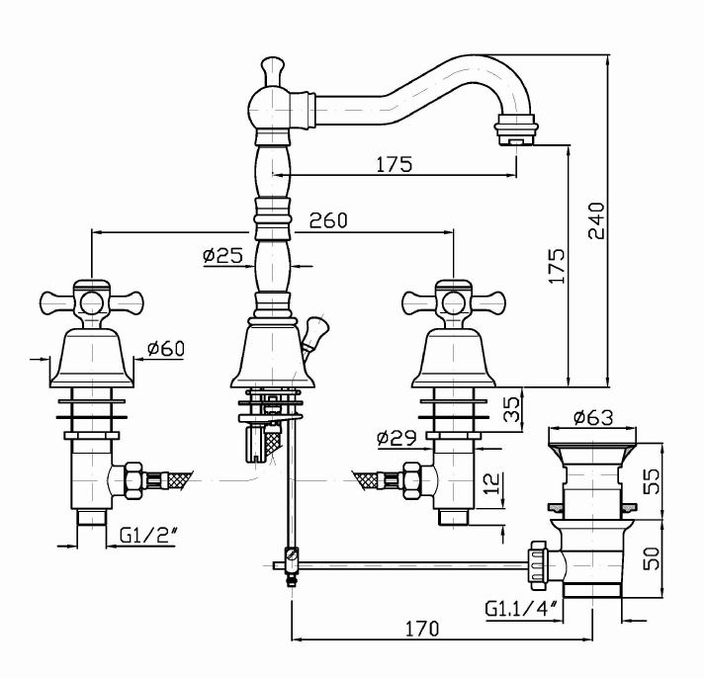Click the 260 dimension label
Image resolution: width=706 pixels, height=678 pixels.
click(x=328, y=220)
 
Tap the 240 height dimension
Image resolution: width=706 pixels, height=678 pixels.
click(x=594, y=219)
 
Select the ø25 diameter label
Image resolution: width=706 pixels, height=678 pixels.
click(x=222, y=255)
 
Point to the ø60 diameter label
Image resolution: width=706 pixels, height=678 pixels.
click(x=165, y=348)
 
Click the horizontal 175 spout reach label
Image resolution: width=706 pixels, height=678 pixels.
click(x=394, y=164)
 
